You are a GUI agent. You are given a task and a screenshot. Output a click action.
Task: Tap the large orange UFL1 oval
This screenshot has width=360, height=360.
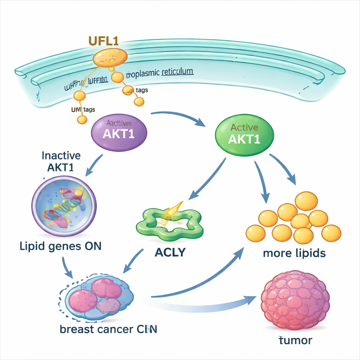point(110,57)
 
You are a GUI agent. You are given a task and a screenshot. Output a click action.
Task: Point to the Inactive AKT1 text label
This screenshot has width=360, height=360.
point(61,161)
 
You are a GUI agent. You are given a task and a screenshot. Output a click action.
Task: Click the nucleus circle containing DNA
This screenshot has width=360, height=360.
point(64,206)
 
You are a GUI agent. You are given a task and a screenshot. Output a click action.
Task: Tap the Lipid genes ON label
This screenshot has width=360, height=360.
point(60,246)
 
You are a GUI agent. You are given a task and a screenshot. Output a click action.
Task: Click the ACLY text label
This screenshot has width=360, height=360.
point(170,252)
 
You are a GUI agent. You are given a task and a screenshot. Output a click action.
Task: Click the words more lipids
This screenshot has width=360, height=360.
point(294,253)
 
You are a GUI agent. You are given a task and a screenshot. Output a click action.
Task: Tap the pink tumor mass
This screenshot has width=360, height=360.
point(295,300)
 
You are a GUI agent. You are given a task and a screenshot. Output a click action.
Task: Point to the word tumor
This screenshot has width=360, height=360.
point(295,340)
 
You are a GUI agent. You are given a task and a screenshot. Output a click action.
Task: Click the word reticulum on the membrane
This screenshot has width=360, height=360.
point(177,72)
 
